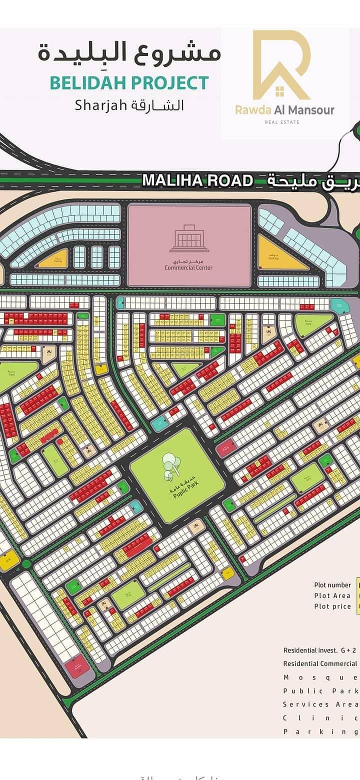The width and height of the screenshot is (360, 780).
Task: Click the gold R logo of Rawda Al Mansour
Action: tap(281, 65)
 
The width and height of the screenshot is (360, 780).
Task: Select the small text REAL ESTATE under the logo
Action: tap(282, 122)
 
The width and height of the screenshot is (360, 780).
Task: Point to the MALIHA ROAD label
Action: tap(197, 180)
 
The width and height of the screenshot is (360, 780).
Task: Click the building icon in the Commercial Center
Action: tap(189, 238)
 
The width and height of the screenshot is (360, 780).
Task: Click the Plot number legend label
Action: tap(332, 585)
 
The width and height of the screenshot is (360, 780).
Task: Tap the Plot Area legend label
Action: tap(332, 595)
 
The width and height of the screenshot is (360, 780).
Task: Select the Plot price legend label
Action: tap(332, 606)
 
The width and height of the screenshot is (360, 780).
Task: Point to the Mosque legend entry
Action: tap(320, 677)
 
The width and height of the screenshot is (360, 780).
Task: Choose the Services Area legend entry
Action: tap(320, 704)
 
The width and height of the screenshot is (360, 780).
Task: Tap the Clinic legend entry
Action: tap(320, 718)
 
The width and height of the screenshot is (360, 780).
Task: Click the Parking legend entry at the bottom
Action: tap(320, 731)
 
